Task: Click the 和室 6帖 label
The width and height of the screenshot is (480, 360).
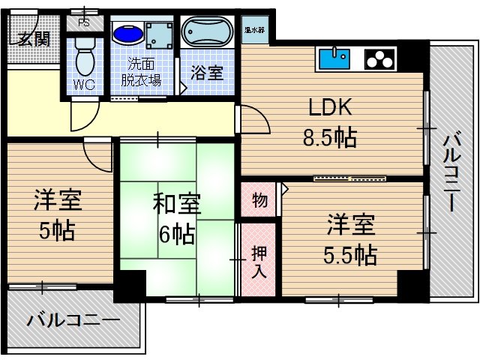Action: (x=178, y=217)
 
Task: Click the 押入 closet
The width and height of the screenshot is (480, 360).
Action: (x=257, y=260)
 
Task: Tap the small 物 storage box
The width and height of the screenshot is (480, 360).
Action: (x=258, y=201)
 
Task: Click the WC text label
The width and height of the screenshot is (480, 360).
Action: (x=83, y=84)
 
